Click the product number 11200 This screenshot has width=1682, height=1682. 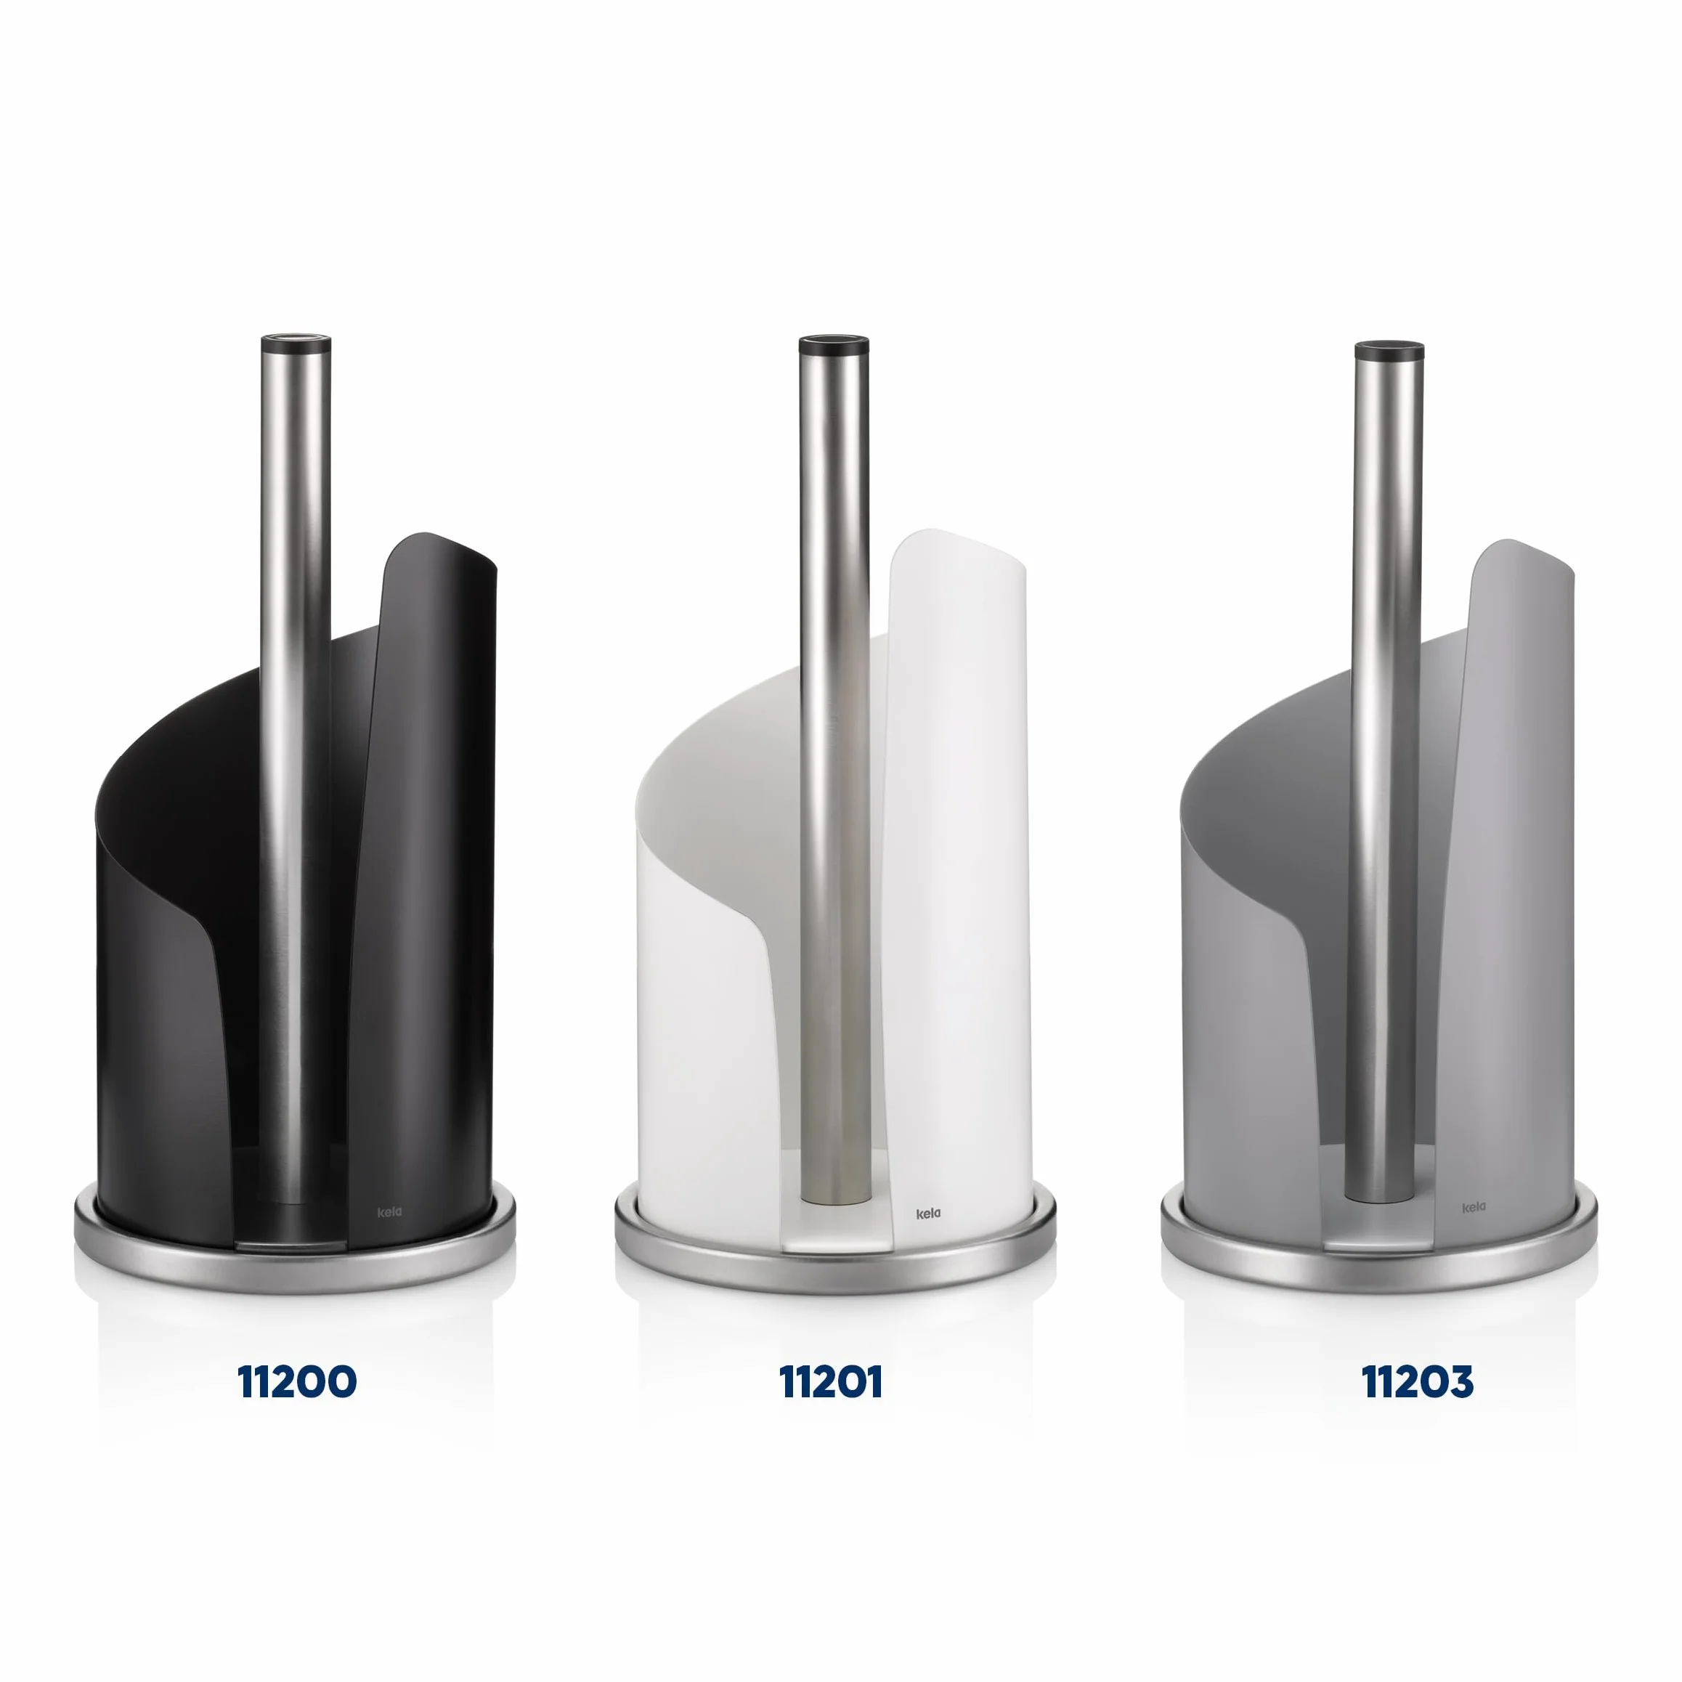coord(297,1381)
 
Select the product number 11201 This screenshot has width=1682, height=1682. coord(831,1381)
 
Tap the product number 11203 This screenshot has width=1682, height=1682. coord(1418,1381)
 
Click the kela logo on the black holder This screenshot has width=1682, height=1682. coord(389,1212)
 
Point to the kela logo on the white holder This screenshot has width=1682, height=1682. coord(928,1214)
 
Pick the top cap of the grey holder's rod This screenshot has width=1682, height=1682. coord(1389,351)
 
